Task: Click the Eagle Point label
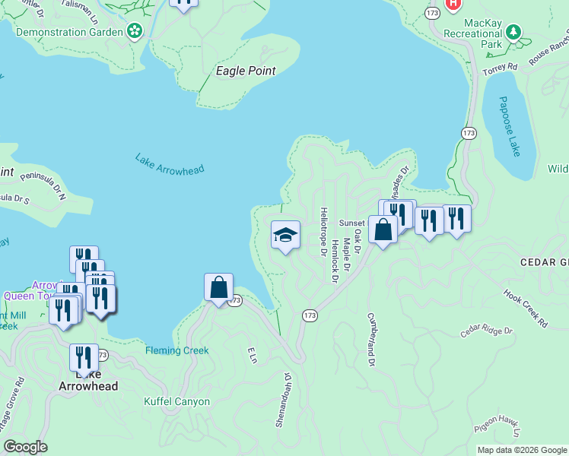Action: tap(245, 71)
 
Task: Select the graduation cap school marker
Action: tap(285, 236)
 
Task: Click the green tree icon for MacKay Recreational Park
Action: tap(514, 32)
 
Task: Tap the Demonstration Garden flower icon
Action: tap(135, 31)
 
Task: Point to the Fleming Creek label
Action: tap(176, 350)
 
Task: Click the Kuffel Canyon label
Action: tap(176, 401)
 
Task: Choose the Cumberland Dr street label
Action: tap(372, 340)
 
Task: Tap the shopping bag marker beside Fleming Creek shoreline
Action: tap(218, 288)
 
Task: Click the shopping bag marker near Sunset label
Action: tap(383, 230)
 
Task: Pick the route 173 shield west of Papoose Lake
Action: tap(469, 133)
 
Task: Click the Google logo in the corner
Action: tap(25, 446)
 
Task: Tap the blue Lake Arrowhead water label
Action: tap(170, 165)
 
